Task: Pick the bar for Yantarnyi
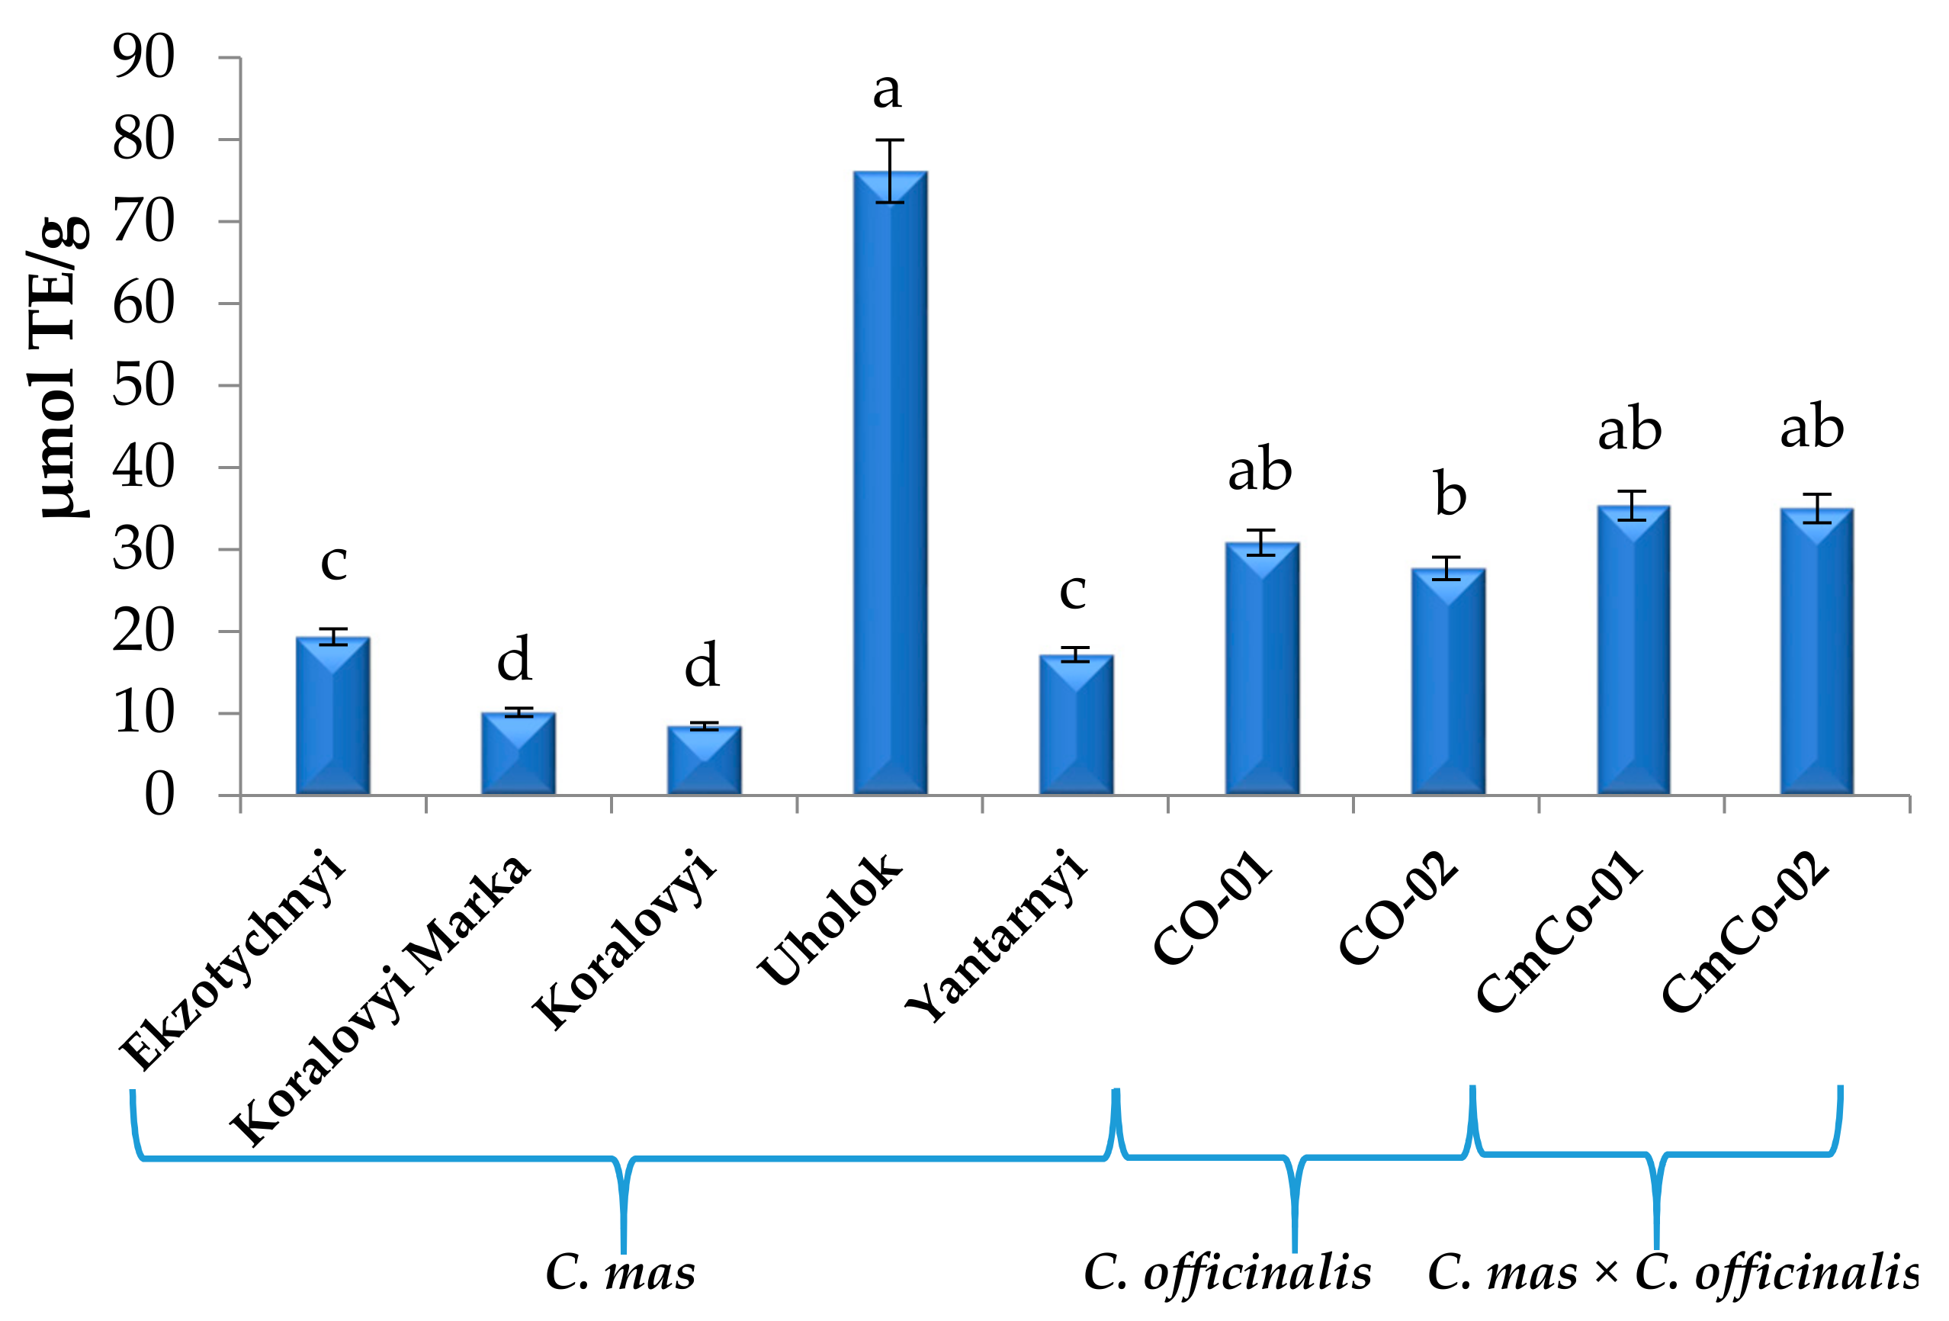point(1076,725)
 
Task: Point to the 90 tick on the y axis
point(143,58)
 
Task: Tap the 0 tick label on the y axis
point(159,794)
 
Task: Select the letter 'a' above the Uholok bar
point(888,91)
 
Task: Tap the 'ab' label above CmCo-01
point(1629,429)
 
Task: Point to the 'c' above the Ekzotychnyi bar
point(334,562)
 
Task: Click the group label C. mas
point(620,1273)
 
